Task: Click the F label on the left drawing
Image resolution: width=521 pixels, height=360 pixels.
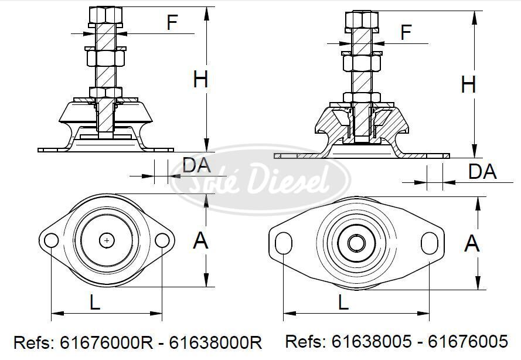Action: click(172, 23)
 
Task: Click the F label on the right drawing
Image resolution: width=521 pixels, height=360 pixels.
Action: click(406, 33)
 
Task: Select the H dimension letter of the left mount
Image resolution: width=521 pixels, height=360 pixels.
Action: click(200, 79)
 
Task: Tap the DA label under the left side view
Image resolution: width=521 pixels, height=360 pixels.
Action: click(196, 165)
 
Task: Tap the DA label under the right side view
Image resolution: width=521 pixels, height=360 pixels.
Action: click(482, 172)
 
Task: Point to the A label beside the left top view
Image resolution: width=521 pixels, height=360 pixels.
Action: click(201, 240)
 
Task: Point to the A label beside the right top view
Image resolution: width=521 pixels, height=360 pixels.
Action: click(472, 243)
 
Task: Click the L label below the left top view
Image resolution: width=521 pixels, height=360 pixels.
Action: click(94, 302)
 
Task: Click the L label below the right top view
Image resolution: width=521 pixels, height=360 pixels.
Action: click(343, 302)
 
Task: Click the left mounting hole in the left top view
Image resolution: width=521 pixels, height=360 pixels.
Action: click(51, 240)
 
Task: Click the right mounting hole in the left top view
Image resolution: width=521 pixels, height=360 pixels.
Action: click(162, 240)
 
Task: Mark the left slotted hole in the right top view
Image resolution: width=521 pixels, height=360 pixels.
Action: click(284, 243)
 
